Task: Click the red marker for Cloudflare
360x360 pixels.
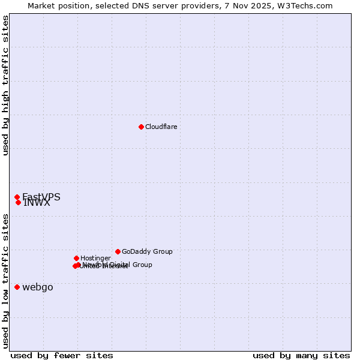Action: (141, 127)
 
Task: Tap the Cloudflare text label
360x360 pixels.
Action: (161, 127)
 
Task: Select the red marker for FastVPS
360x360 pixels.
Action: (17, 197)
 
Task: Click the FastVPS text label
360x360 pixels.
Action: (41, 197)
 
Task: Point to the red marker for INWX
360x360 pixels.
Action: (18, 202)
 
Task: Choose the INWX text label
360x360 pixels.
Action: (37, 203)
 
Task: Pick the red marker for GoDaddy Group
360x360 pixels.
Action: (118, 251)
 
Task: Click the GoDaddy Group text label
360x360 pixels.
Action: (147, 251)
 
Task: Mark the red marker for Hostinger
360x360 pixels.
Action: (76, 258)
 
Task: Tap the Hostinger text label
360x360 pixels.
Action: (95, 258)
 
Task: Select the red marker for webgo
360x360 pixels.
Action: (17, 287)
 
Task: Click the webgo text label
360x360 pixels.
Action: (37, 287)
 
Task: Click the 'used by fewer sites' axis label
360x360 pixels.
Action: (62, 355)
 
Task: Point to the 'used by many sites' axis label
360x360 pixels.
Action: (301, 355)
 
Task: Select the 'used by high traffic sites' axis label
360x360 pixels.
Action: (5, 85)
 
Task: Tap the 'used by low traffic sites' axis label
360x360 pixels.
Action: (5, 280)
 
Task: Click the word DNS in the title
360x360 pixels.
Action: (139, 5)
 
